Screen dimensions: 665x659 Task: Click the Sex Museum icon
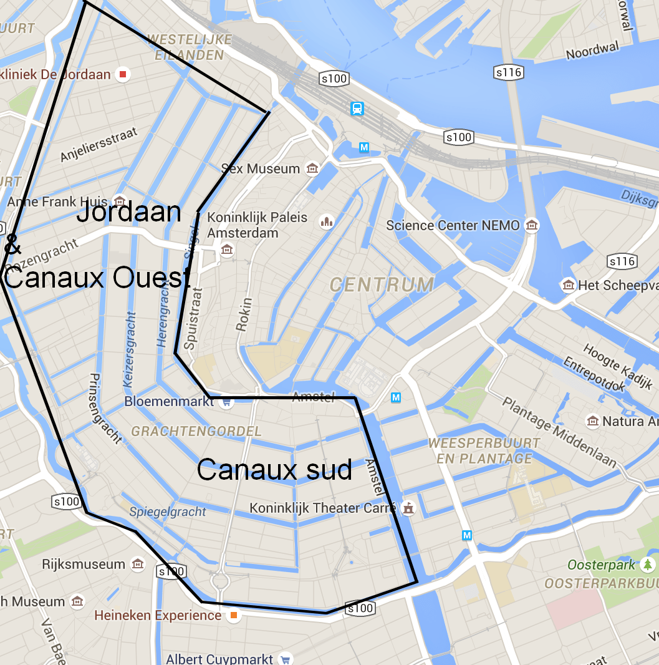click(x=312, y=168)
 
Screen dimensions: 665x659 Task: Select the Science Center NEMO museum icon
click(x=531, y=225)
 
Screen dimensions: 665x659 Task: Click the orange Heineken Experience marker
click(x=233, y=616)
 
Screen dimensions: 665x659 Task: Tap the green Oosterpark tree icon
click(x=648, y=565)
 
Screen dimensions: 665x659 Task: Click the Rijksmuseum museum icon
click(x=138, y=565)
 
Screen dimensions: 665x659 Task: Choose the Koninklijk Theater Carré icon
click(x=408, y=508)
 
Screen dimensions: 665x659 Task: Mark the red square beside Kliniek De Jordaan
click(x=123, y=75)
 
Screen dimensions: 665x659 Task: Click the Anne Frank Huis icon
click(x=120, y=201)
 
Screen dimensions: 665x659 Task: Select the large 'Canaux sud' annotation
click(x=274, y=469)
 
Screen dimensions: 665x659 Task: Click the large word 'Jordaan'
click(x=128, y=213)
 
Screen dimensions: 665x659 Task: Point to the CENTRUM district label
click(x=382, y=285)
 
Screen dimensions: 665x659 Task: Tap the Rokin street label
click(x=244, y=314)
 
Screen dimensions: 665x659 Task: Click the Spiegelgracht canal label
click(x=168, y=512)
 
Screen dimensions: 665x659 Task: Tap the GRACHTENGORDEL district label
click(x=196, y=431)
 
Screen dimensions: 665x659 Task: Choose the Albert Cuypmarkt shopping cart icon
click(x=286, y=659)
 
